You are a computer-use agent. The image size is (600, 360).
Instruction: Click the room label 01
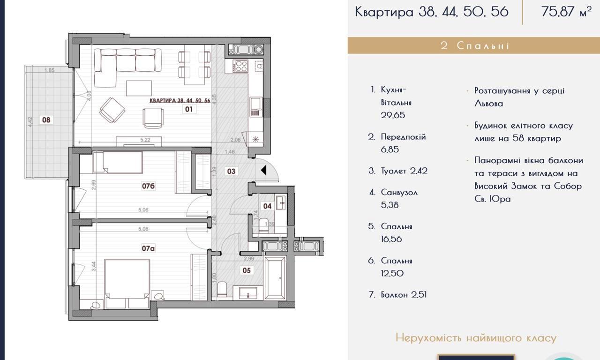[x=189, y=109]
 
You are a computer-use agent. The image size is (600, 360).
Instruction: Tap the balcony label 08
[x=46, y=120]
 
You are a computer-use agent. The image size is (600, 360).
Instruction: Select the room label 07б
[x=149, y=186]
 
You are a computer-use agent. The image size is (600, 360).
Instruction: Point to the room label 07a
[x=149, y=248]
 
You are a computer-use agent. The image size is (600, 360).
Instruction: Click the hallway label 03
[x=231, y=171]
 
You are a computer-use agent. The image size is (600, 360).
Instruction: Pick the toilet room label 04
[x=267, y=206]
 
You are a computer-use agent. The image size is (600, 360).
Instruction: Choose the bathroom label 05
[x=247, y=270]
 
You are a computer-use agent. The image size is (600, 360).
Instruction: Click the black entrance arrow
[x=263, y=170]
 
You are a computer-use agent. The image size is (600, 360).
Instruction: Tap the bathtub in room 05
[x=275, y=277]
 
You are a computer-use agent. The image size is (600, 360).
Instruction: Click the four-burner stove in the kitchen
[x=240, y=66]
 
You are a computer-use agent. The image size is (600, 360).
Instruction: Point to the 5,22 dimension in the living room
[x=145, y=140]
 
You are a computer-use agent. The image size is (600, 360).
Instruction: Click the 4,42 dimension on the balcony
[x=30, y=122]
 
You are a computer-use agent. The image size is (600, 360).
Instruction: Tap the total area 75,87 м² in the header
[x=566, y=12]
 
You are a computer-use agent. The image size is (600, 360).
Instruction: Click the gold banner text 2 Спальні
[x=475, y=45]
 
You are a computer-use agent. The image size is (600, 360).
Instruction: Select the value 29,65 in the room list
[x=393, y=115]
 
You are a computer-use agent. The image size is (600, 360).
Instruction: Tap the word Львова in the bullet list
[x=488, y=104]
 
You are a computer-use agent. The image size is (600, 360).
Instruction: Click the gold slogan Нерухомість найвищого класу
[x=476, y=338]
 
